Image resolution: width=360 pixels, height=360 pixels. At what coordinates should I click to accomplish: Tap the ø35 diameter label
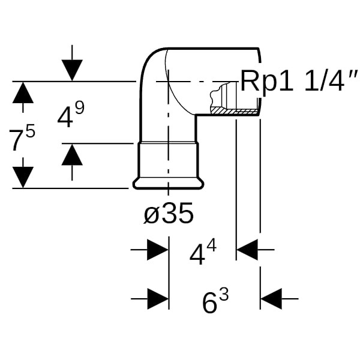[169, 213]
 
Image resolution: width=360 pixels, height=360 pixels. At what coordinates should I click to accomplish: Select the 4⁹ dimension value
[70, 116]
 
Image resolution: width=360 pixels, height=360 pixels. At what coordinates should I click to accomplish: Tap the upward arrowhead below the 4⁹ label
[72, 155]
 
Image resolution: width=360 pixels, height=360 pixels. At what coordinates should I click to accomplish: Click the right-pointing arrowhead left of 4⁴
[158, 250]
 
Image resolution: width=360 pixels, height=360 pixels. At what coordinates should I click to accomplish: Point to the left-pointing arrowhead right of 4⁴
[247, 250]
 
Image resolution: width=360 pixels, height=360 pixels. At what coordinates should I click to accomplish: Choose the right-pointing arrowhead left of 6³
[158, 298]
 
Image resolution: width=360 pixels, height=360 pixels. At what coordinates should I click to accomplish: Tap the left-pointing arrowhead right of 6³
[271, 298]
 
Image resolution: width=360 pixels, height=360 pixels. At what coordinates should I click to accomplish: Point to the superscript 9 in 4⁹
[79, 108]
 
